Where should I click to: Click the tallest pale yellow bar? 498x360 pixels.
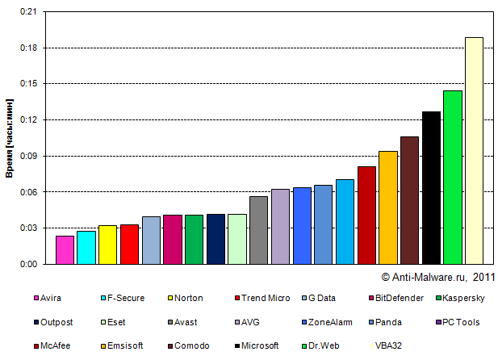click(x=474, y=150)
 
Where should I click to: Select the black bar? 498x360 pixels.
click(x=431, y=187)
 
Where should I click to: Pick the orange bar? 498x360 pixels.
click(x=387, y=207)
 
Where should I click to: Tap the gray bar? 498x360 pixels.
click(x=258, y=230)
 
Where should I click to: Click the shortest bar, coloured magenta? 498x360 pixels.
click(x=65, y=249)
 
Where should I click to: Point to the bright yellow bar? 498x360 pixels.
click(x=107, y=245)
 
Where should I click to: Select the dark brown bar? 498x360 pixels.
click(x=409, y=200)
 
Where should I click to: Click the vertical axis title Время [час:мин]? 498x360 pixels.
click(x=9, y=138)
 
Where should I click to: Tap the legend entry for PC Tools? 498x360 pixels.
click(x=462, y=322)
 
